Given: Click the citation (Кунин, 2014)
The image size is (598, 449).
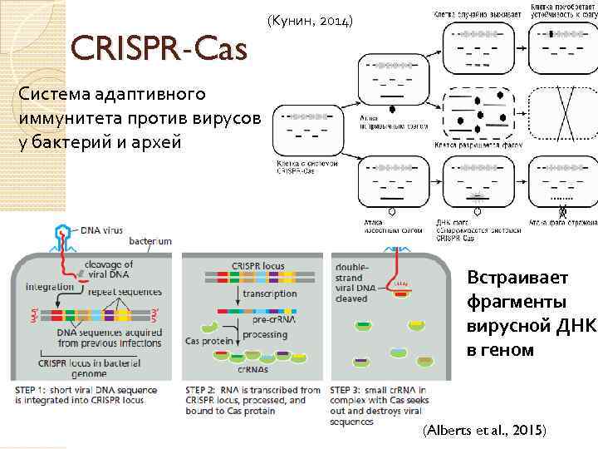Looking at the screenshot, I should pyautogui.click(x=312, y=18).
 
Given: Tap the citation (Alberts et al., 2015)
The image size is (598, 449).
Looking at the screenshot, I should pyautogui.click(x=485, y=430).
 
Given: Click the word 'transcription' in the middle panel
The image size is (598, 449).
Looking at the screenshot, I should pyautogui.click(x=269, y=294).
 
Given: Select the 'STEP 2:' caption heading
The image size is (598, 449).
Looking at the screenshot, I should pyautogui.click(x=203, y=389).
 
